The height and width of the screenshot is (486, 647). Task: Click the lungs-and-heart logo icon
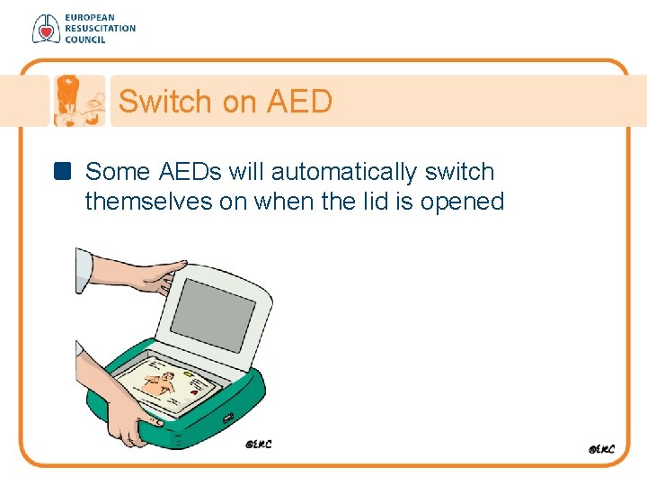coord(45,29)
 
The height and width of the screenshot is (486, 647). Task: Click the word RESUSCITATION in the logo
coord(99,29)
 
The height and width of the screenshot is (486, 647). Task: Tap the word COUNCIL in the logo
coord(84,40)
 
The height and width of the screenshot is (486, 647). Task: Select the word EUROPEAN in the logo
coord(88,18)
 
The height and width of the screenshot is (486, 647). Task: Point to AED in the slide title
coord(299,102)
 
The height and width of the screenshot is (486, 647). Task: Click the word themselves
coord(148,202)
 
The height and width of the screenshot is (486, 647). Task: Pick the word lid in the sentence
coord(347,202)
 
